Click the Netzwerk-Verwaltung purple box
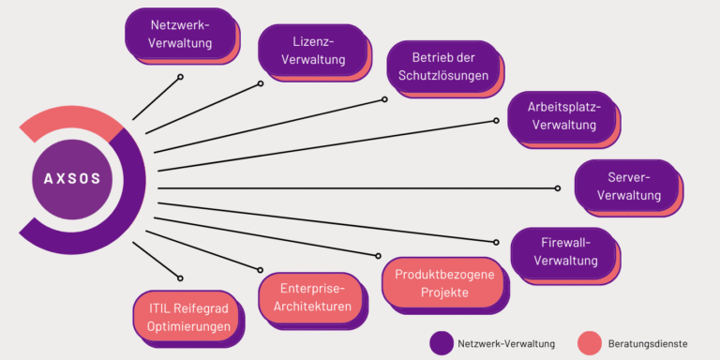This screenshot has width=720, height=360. [x=180, y=32]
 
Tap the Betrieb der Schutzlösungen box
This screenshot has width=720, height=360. [x=442, y=66]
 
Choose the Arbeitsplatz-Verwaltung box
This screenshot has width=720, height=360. [x=562, y=115]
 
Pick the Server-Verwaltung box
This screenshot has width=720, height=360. [x=628, y=186]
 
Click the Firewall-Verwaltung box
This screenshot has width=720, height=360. [x=563, y=251]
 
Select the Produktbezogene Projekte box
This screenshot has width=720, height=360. [x=442, y=283]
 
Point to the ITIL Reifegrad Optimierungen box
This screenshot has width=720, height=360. [x=187, y=317]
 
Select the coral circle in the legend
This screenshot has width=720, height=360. [x=589, y=343]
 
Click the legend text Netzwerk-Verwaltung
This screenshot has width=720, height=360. [x=506, y=343]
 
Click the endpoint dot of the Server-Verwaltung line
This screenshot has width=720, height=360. [x=558, y=188]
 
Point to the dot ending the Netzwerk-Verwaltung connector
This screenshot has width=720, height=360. [x=182, y=77]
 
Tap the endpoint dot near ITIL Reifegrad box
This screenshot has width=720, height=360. [x=180, y=277]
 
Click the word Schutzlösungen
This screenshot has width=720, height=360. [x=442, y=75]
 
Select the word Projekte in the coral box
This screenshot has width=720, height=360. [x=443, y=292]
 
